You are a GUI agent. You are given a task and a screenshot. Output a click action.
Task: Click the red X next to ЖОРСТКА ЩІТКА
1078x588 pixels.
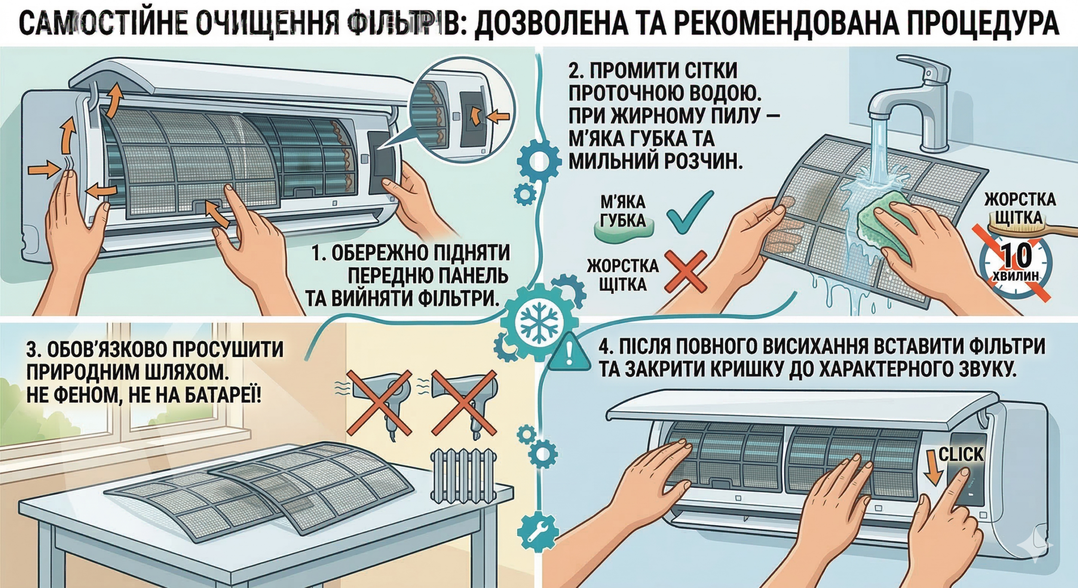click(685, 271)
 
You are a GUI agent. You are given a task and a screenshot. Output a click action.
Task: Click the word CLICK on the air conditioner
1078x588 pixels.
click(961, 454)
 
